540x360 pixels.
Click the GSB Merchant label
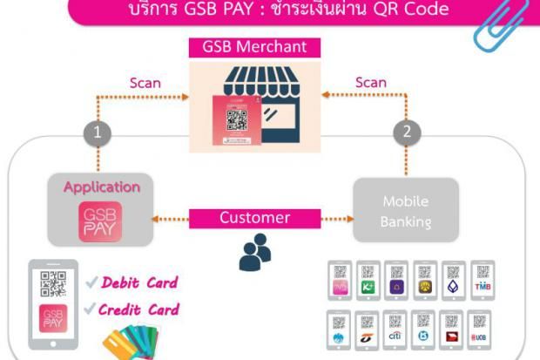click(x=254, y=46)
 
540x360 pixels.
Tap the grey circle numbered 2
click(x=406, y=133)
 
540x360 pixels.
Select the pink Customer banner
click(x=253, y=218)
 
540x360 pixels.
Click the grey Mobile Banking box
click(x=407, y=210)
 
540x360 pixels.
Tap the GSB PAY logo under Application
click(x=101, y=222)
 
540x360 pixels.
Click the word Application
click(x=101, y=187)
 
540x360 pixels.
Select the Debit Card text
click(x=139, y=282)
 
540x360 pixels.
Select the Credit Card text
click(x=139, y=309)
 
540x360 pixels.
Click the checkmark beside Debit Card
click(x=91, y=282)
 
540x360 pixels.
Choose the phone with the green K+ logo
click(x=368, y=282)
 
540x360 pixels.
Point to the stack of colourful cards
click(x=131, y=343)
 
